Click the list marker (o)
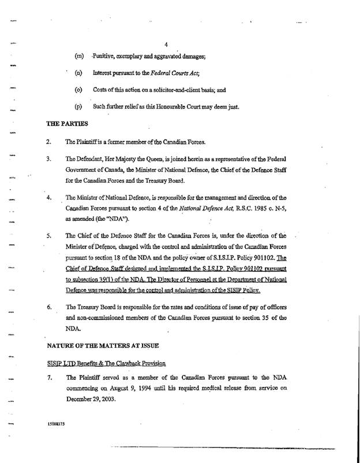coord(78,90)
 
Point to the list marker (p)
coord(78,107)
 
